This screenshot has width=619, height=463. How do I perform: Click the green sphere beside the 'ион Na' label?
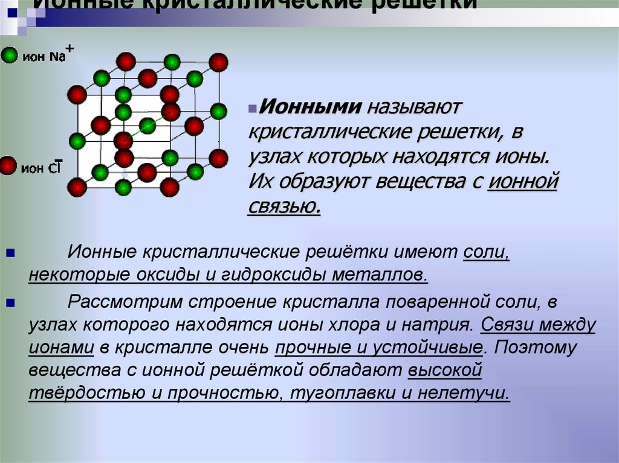pyautogui.click(x=9, y=56)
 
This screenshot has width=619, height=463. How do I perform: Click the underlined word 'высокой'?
pyautogui.click(x=444, y=371)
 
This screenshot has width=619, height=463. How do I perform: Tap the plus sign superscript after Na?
pyautogui.click(x=70, y=49)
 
